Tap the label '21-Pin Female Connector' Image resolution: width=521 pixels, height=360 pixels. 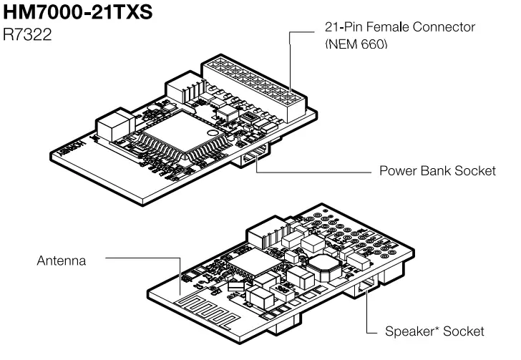pos(396,27)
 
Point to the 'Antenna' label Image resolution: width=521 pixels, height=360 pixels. pos(62,261)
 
